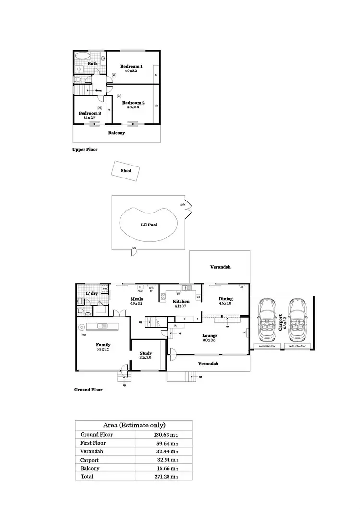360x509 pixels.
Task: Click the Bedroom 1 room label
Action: pos(131,66)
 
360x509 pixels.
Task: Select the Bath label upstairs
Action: pos(93,63)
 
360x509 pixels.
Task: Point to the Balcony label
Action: pos(116,133)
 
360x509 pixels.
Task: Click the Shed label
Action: pos(126,170)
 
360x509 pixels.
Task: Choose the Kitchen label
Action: pos(181,301)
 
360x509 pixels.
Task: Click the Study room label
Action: pos(145,353)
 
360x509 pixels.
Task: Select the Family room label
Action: pos(103,344)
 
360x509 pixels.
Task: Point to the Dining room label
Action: pos(225,298)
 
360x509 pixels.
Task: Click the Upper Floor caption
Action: pos(84,150)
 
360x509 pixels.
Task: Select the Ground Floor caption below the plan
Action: pos(88,390)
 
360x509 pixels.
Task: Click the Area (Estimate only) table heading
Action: pos(134,425)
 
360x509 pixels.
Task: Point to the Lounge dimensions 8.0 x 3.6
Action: pos(210,340)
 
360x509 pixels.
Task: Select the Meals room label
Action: pos(137,299)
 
